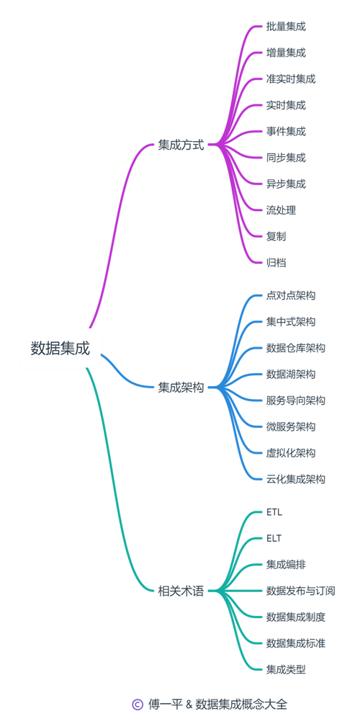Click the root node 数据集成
[x=60, y=349]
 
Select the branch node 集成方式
[x=181, y=146]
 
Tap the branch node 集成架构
[x=181, y=388]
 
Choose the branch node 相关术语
[x=181, y=591]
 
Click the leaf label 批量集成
[x=286, y=27]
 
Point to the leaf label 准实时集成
[x=291, y=79]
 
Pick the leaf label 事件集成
[x=286, y=132]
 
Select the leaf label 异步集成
[x=286, y=184]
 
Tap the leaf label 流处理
[x=281, y=210]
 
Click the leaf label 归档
[x=276, y=263]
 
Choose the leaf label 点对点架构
[x=291, y=295]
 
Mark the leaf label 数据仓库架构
[x=296, y=348]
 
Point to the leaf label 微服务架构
[x=291, y=426]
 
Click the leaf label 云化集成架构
[x=296, y=479]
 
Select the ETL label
[x=274, y=512]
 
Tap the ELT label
[x=274, y=538]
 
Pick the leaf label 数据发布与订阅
[x=301, y=591]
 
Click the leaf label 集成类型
[x=286, y=669]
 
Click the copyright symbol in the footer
[x=137, y=704]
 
